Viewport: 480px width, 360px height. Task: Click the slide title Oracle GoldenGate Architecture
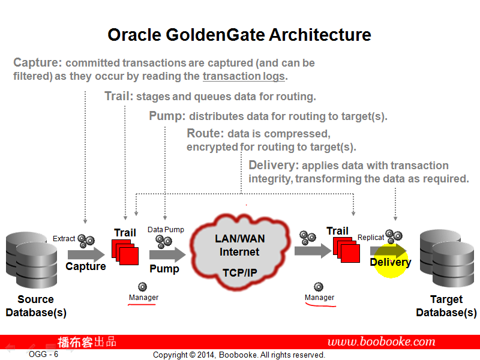pos(239,35)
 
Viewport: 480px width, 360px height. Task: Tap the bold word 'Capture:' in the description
pos(37,63)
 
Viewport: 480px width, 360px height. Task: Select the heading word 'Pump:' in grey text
pos(167,116)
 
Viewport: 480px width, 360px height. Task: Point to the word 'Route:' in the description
pos(205,134)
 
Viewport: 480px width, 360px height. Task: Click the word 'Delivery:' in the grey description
pos(273,165)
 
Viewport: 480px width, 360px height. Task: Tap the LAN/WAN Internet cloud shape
pos(240,252)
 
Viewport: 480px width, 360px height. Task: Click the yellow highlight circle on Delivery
pos(391,262)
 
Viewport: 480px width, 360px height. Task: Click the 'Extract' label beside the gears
pos(64,239)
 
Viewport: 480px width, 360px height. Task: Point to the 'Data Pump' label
pos(166,230)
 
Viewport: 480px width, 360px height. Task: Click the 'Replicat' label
pos(371,238)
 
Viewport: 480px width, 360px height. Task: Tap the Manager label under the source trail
pos(143,298)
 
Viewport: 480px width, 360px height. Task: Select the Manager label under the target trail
pos(319,298)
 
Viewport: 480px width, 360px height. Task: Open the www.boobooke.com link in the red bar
pos(381,342)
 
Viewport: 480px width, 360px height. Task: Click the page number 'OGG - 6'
pos(43,355)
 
